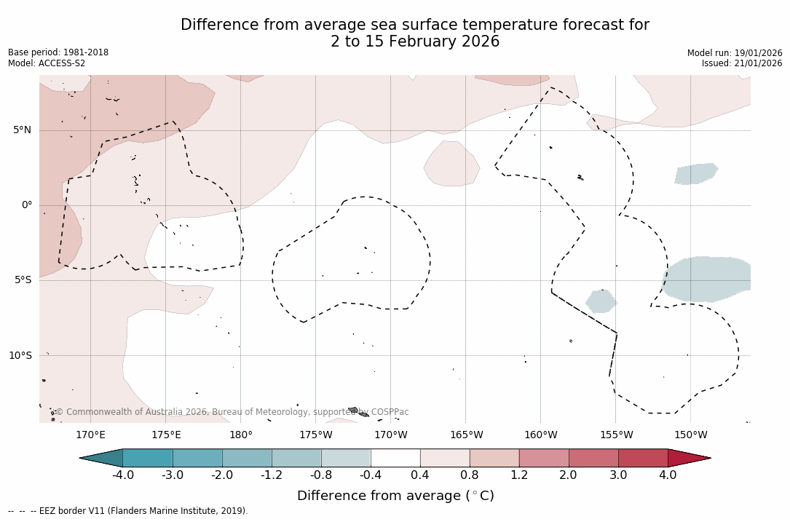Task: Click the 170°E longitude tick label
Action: coord(90,435)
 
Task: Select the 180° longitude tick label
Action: coord(240,435)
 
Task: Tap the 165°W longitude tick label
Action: coord(466,435)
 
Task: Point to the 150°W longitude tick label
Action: coord(690,435)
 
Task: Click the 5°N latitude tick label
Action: coord(22,130)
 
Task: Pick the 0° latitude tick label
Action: coord(26,205)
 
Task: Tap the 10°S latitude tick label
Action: coord(20,356)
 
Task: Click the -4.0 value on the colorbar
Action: coord(122,475)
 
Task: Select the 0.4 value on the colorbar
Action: coord(420,475)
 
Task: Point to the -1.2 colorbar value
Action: coord(272,475)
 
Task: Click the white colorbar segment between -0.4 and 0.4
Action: coord(395,458)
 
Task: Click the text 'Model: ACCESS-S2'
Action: coord(47,63)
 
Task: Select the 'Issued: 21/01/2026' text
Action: coord(742,63)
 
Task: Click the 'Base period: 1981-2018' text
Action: coord(58,52)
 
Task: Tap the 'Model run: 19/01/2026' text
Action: coord(735,53)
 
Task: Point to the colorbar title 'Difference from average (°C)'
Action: coord(395,496)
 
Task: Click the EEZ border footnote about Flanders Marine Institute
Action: coord(128,511)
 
